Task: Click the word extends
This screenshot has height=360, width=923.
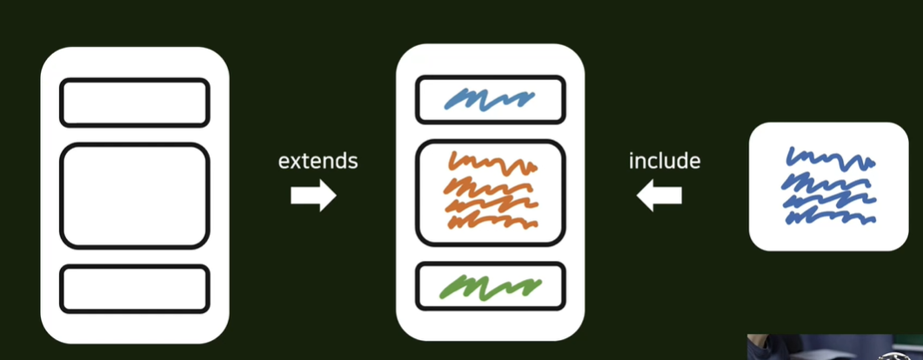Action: point(318,161)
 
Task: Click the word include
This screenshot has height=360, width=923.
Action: point(665,161)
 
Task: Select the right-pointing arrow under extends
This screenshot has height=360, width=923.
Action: point(313,196)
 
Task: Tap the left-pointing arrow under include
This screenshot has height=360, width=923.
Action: point(659,196)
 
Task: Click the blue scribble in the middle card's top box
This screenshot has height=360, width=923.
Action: point(490,99)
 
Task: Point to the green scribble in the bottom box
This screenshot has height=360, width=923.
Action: point(490,286)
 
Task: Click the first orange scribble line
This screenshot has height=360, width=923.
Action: point(492,163)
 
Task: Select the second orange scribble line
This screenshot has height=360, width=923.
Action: point(490,184)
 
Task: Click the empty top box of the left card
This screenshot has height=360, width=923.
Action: point(135,103)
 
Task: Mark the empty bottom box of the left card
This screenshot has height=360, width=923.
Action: point(135,289)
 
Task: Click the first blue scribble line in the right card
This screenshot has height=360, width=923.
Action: point(831,158)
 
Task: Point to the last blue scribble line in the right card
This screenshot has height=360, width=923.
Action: point(831,217)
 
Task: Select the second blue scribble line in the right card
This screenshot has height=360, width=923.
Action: point(828,182)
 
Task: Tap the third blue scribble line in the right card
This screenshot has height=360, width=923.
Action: point(829,201)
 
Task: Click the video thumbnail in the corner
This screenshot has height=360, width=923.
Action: point(835,347)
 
